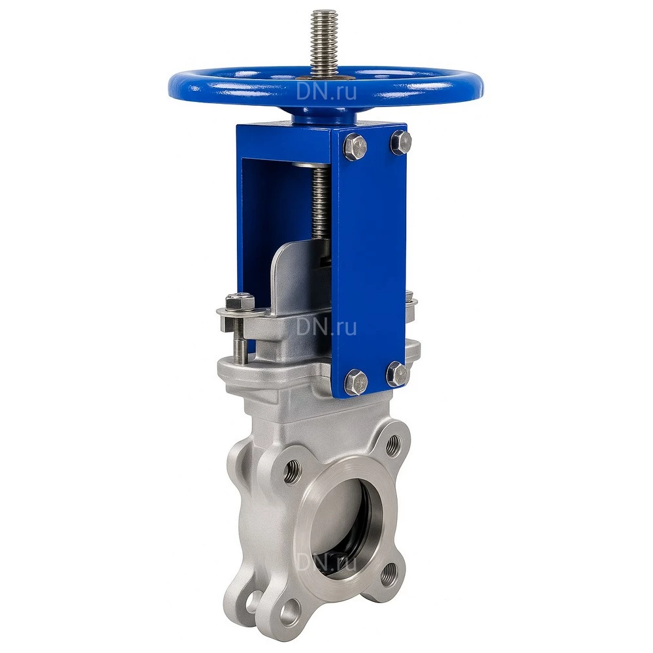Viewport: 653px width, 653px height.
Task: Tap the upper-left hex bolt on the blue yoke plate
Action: pyautogui.click(x=356, y=146)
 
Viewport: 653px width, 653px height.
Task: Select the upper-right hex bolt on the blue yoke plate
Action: pyautogui.click(x=401, y=141)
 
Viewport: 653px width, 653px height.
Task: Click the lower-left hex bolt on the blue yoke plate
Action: pyautogui.click(x=357, y=381)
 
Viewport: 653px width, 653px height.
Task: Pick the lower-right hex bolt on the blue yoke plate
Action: pyautogui.click(x=397, y=373)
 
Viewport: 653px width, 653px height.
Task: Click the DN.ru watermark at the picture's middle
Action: pyautogui.click(x=326, y=327)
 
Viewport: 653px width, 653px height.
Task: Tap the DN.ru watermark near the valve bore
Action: pyautogui.click(x=326, y=562)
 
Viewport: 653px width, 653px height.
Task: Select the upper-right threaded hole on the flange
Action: pyautogui.click(x=392, y=445)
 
